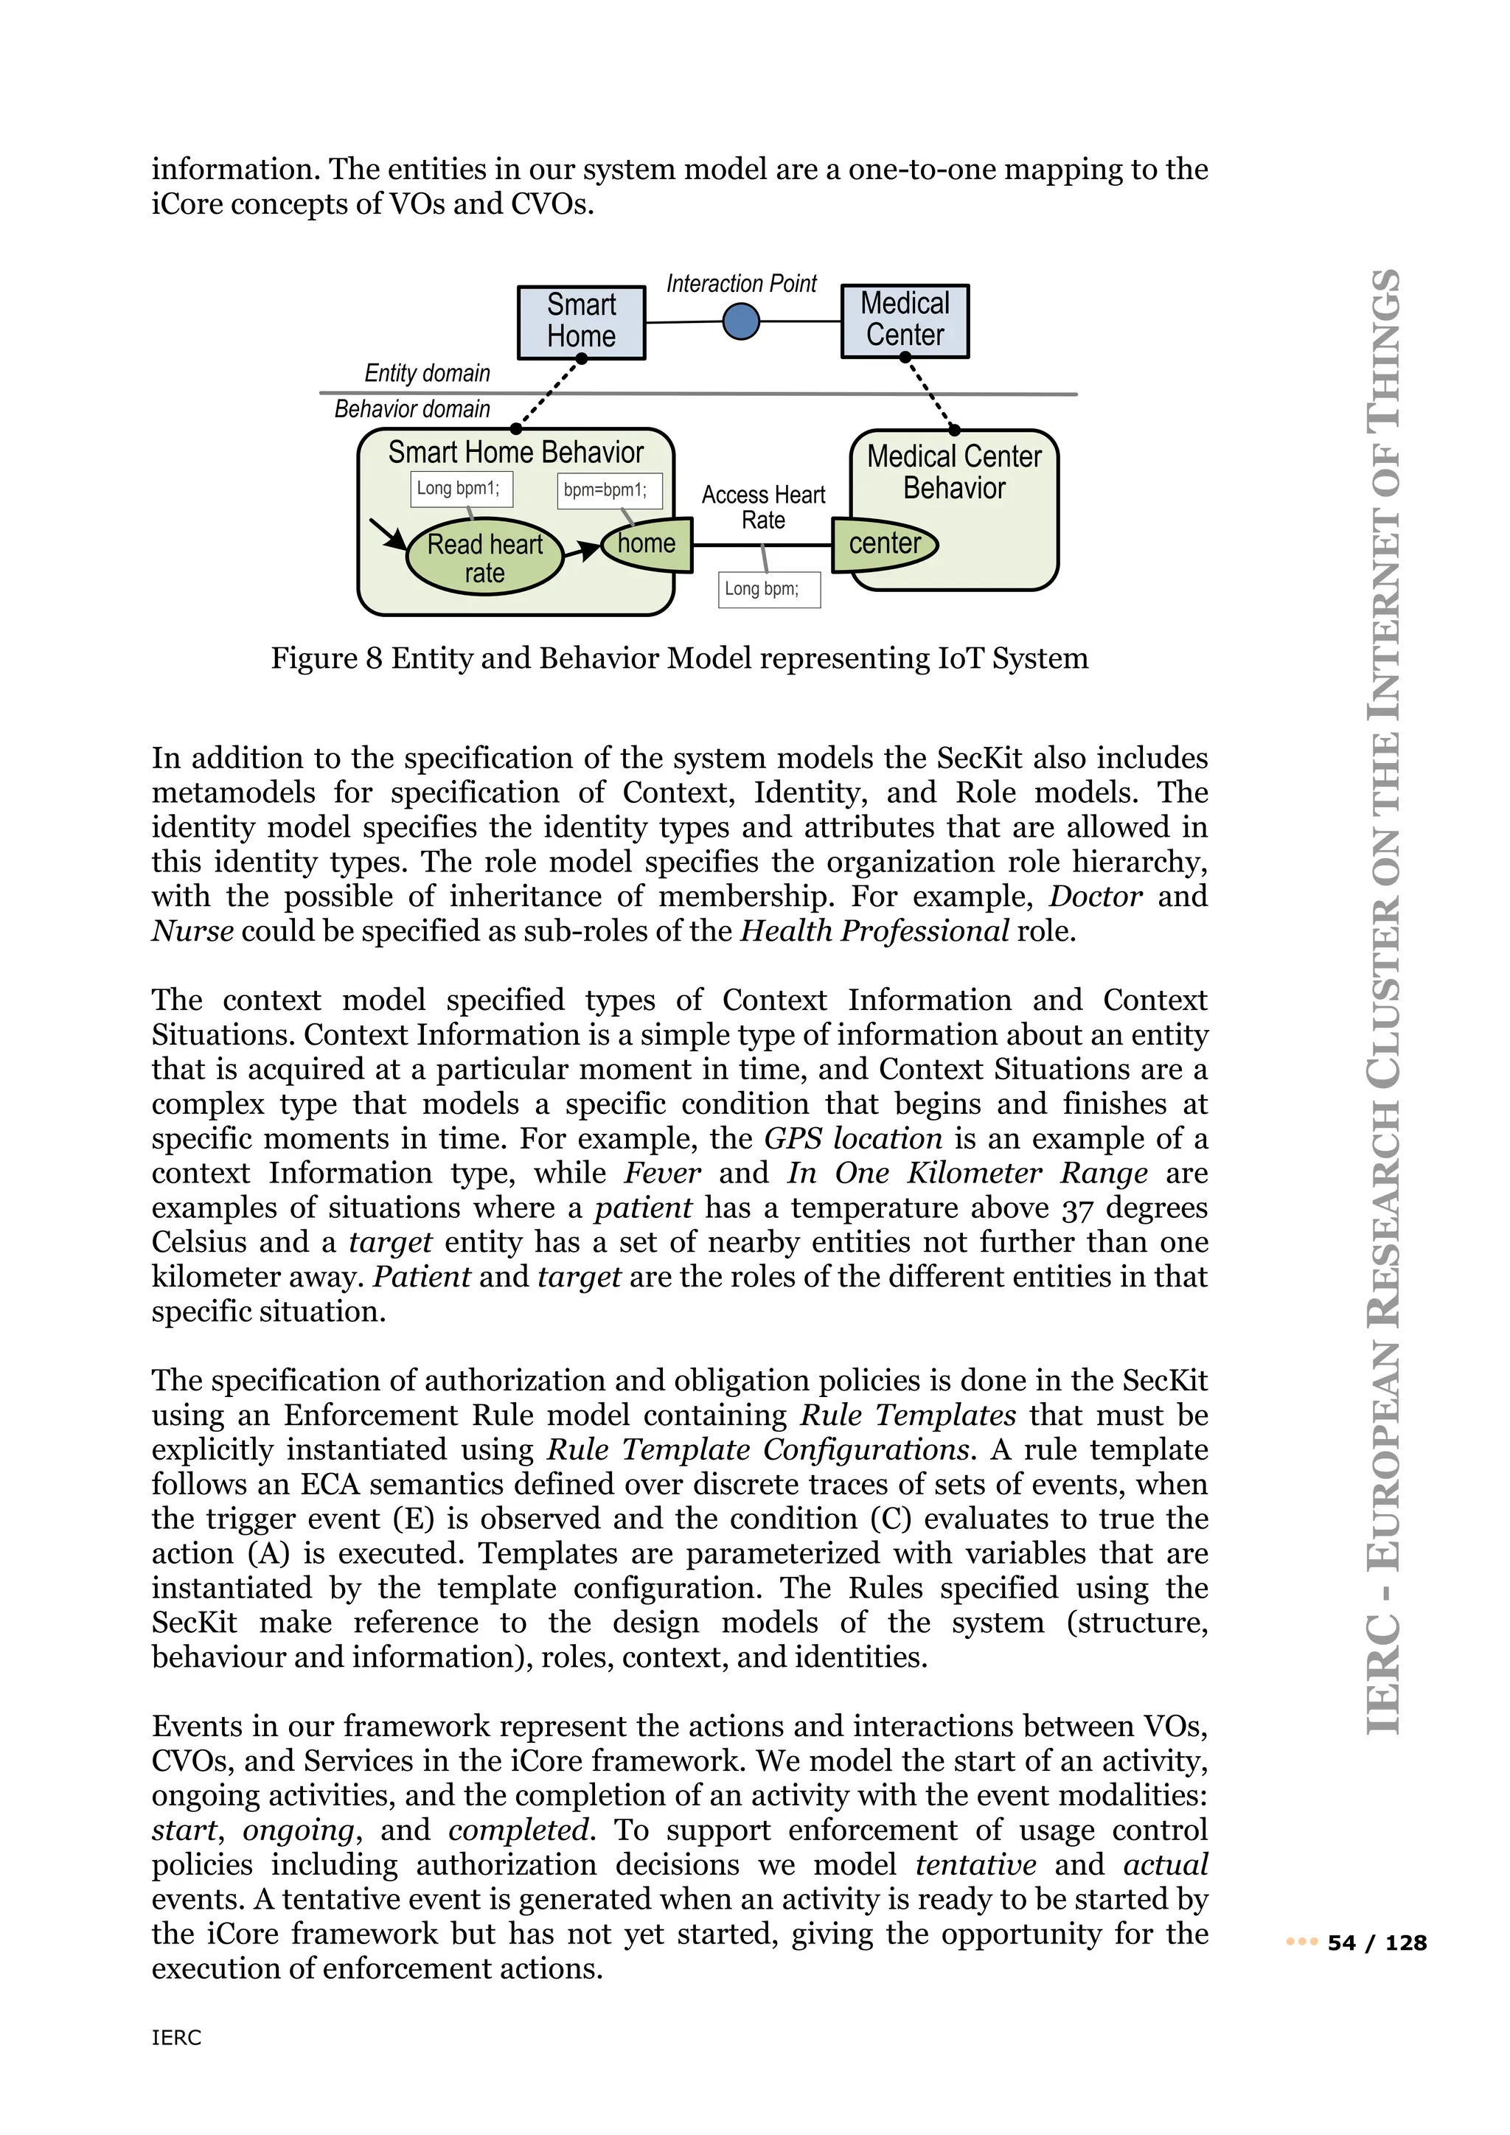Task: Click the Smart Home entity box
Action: point(581,321)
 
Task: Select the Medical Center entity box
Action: point(905,321)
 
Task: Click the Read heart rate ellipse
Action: point(484,557)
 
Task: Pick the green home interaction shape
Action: point(648,544)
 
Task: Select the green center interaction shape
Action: point(883,544)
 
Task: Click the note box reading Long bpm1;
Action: point(461,489)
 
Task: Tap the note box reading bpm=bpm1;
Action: point(609,491)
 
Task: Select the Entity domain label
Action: point(427,374)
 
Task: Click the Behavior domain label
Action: point(412,409)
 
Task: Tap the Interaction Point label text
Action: point(741,284)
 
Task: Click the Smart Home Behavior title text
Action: point(515,453)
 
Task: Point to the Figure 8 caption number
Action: point(373,658)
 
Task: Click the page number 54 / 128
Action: point(1376,1943)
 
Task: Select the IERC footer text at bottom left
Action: point(175,2038)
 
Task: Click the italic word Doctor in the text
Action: point(1094,896)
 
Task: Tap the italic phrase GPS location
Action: point(852,1138)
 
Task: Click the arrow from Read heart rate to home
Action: point(583,551)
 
